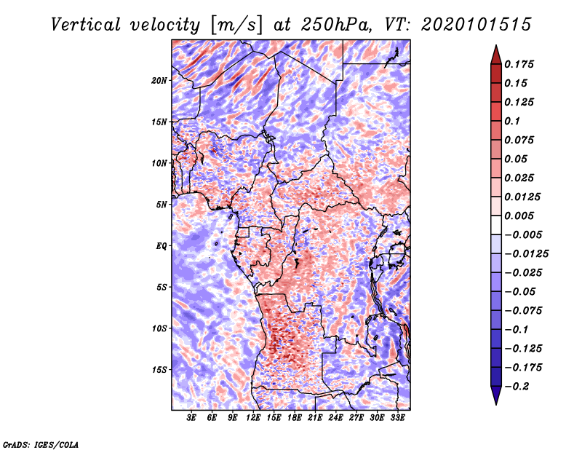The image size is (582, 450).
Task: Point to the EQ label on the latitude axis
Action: click(162, 245)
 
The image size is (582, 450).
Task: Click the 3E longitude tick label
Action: click(192, 418)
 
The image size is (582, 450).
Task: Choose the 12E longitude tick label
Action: click(254, 418)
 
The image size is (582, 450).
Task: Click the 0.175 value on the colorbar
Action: click(521, 64)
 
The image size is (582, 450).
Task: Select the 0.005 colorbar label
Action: click(521, 216)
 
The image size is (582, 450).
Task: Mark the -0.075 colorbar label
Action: click(524, 311)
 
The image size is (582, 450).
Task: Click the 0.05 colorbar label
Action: click(518, 159)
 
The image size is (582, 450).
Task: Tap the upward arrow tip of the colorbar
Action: click(495, 47)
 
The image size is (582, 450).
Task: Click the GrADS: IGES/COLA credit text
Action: click(41, 443)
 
